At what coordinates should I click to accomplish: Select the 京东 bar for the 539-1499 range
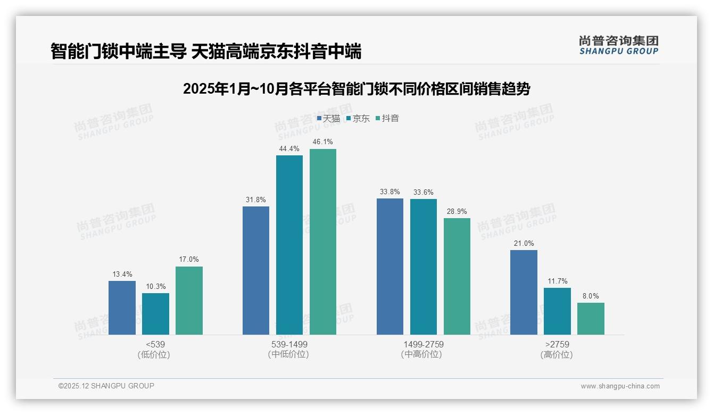pyautogui.click(x=289, y=245)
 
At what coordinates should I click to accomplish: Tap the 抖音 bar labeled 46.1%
pyautogui.click(x=323, y=242)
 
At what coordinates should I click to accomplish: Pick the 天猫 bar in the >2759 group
pyautogui.click(x=524, y=292)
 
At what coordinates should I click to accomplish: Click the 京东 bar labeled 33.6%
pyautogui.click(x=423, y=267)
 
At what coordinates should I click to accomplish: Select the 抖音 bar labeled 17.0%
pyautogui.click(x=189, y=300)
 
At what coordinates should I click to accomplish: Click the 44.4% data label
pyautogui.click(x=289, y=148)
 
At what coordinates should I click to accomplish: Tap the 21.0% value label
pyautogui.click(x=524, y=243)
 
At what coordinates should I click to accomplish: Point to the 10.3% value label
pyautogui.click(x=155, y=286)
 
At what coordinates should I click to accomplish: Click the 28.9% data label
pyautogui.click(x=457, y=211)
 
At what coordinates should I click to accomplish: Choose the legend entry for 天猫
pyautogui.click(x=328, y=119)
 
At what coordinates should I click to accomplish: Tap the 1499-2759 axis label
pyautogui.click(x=423, y=344)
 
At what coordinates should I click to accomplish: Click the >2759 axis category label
pyautogui.click(x=557, y=344)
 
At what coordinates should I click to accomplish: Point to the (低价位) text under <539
pyautogui.click(x=154, y=354)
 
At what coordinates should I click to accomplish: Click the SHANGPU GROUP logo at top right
pyautogui.click(x=618, y=45)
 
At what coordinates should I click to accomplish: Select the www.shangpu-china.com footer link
pyautogui.click(x=620, y=386)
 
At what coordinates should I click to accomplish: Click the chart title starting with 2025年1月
pyautogui.click(x=356, y=89)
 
